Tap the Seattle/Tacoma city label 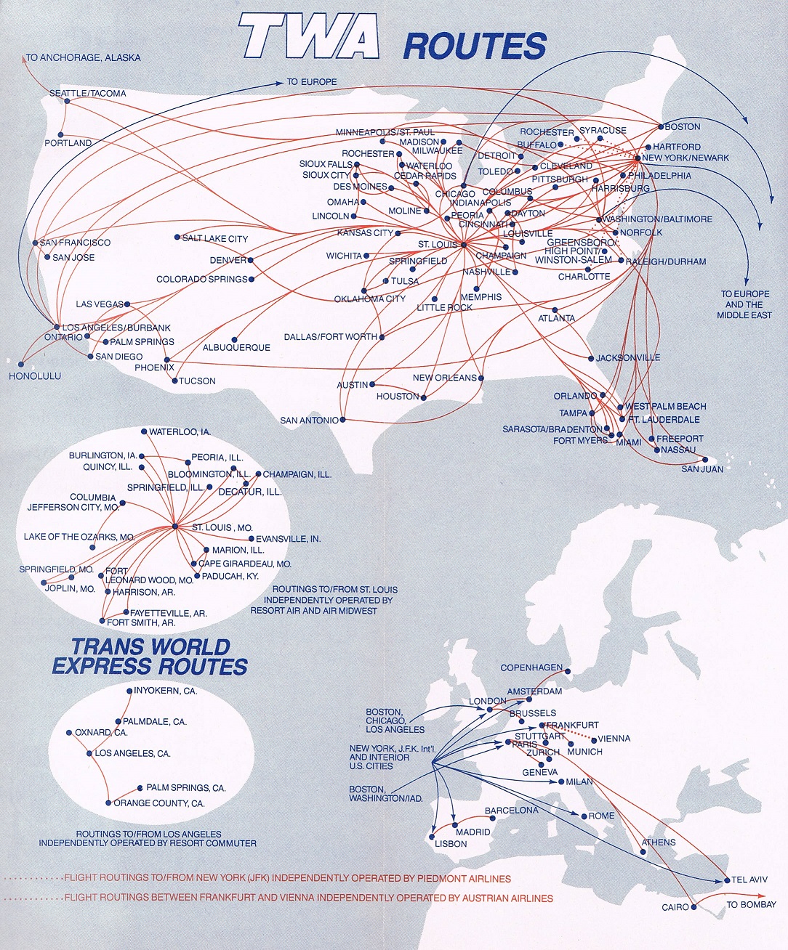pos(87,93)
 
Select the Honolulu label pos(34,376)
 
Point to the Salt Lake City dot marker pos(177,238)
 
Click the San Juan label pos(702,469)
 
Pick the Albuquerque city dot pos(235,339)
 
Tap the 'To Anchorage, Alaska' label pos(84,57)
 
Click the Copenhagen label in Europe pos(531,667)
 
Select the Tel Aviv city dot pos(727,880)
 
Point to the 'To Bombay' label pos(751,904)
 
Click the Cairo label pos(675,907)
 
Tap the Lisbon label pos(451,844)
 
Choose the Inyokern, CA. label pos(166,691)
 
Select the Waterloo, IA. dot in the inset pos(145,432)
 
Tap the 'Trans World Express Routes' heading pos(150,657)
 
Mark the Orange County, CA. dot pos(108,803)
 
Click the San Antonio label pos(309,421)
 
